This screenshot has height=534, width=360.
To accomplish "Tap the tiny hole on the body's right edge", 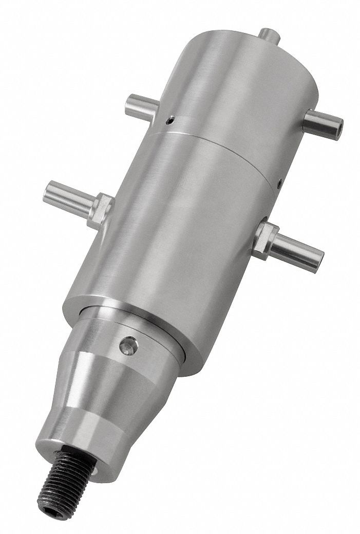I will tap(279, 181).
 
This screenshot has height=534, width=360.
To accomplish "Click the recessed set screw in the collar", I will tap(128, 345).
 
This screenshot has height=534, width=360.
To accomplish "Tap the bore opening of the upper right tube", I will tap(339, 124).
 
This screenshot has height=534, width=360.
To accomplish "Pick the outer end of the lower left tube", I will tap(49, 190).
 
